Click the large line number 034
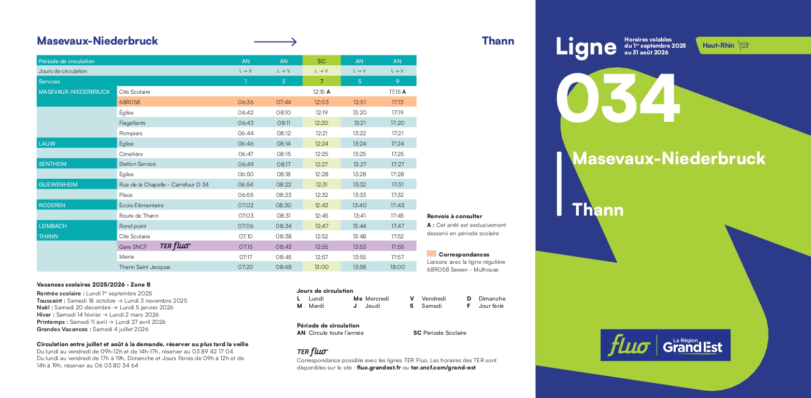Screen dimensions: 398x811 tap(617, 100)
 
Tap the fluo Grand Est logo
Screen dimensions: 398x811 tap(665, 345)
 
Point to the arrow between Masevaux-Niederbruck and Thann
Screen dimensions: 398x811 tap(275, 42)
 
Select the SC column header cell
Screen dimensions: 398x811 tap(321, 61)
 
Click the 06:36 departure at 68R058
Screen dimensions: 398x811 tap(246, 102)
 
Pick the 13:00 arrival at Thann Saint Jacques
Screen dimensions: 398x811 tap(321, 267)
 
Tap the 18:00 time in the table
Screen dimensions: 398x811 tap(397, 267)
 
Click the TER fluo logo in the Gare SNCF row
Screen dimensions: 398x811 tap(175, 246)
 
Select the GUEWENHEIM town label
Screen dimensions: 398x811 tap(58, 184)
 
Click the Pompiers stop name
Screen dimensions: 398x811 tap(131, 133)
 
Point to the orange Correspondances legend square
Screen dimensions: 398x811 tap(431, 254)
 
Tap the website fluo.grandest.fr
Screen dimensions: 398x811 tap(379, 367)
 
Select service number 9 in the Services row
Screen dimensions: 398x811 tap(397, 81)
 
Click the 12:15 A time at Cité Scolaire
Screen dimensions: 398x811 tap(321, 92)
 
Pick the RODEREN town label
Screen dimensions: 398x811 tap(52, 205)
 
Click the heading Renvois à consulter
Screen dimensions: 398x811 tap(454, 216)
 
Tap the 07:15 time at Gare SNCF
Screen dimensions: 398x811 tap(246, 247)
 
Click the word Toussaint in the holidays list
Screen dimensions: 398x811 tap(51, 301)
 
